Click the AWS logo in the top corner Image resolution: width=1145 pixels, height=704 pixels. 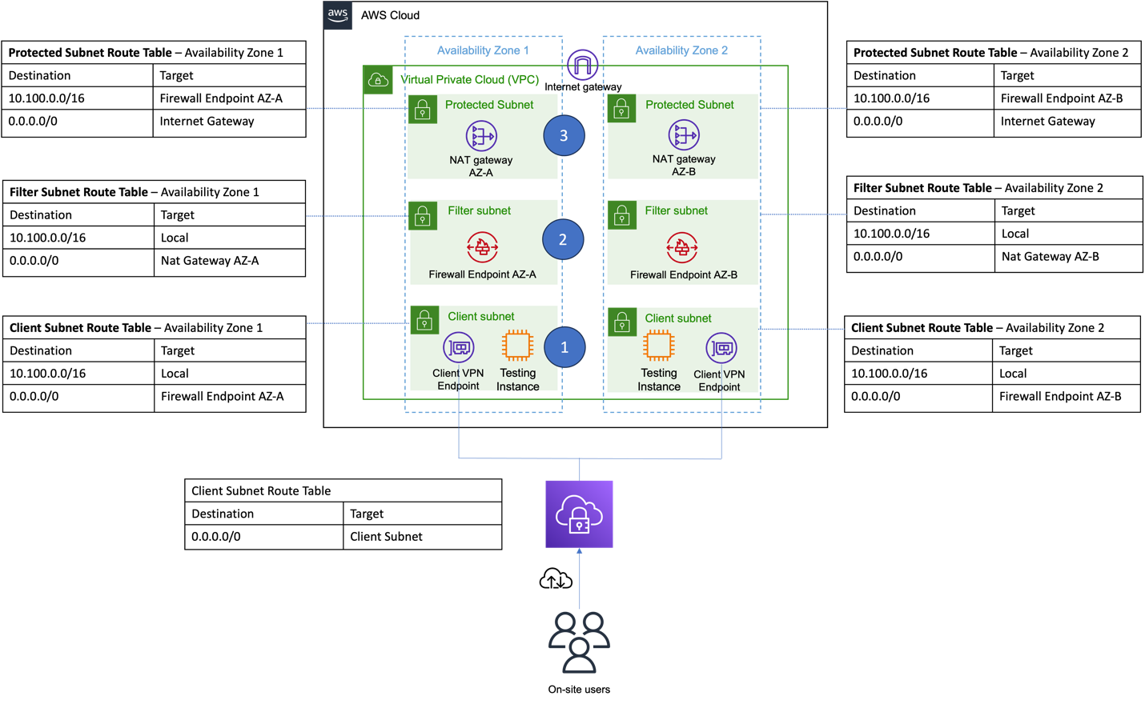click(x=337, y=15)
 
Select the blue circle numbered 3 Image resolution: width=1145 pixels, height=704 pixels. click(x=564, y=136)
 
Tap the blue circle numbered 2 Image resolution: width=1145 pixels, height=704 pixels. click(x=563, y=239)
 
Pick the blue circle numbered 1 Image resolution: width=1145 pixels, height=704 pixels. click(x=564, y=347)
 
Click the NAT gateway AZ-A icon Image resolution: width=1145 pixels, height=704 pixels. click(x=481, y=136)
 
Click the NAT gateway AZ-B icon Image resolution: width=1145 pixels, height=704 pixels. click(x=684, y=135)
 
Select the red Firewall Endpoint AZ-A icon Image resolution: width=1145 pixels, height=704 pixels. click(x=482, y=247)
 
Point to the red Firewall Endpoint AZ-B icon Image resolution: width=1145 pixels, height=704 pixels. click(x=682, y=248)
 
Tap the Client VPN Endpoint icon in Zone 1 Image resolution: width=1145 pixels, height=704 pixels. click(x=459, y=347)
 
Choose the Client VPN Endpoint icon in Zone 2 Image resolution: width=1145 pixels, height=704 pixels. click(x=721, y=348)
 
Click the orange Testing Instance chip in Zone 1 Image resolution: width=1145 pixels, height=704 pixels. click(x=517, y=346)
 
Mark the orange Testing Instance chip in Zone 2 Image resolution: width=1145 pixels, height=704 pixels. click(x=659, y=346)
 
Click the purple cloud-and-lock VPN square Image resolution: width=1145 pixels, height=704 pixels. click(x=579, y=514)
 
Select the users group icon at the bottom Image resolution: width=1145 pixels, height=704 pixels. click(x=579, y=642)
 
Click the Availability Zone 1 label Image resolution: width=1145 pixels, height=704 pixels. click(x=483, y=50)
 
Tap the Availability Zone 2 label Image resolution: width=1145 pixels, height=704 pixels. click(x=681, y=50)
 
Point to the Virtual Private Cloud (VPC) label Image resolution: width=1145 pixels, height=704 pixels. click(x=470, y=79)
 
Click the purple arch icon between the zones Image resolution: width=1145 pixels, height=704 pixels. click(x=583, y=65)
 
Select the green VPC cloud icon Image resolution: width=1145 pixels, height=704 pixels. click(x=378, y=80)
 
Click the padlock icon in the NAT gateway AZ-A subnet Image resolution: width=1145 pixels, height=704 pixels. click(x=423, y=110)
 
